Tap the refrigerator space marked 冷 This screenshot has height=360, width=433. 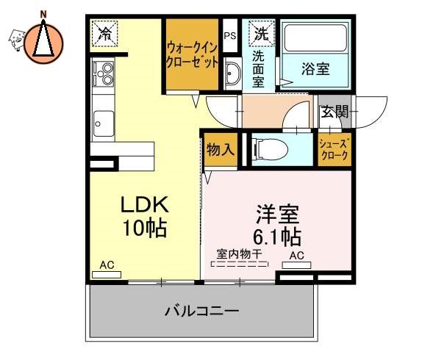click(x=104, y=34)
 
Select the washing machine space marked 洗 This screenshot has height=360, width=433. click(x=262, y=34)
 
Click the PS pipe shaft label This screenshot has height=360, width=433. click(x=230, y=36)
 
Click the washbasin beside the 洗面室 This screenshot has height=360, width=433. click(x=233, y=73)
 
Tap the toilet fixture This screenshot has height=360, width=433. click(x=270, y=150)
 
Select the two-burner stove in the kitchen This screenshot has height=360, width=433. click(x=103, y=73)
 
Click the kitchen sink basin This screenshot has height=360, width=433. click(x=103, y=124)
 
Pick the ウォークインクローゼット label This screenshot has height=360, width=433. click(x=192, y=56)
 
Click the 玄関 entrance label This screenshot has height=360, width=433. click(x=335, y=112)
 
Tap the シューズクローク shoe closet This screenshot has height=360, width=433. click(x=334, y=150)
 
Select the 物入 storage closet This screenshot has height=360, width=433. click(x=221, y=150)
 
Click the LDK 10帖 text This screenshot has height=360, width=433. click(x=145, y=216)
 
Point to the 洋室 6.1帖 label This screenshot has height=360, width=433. click(x=277, y=226)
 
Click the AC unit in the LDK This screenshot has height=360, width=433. click(x=107, y=275)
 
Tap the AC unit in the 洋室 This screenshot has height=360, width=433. click(x=296, y=265)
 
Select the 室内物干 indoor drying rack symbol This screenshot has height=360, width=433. click(x=240, y=264)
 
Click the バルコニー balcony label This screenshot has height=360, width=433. click(x=202, y=311)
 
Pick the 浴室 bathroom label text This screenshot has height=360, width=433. click(x=315, y=68)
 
